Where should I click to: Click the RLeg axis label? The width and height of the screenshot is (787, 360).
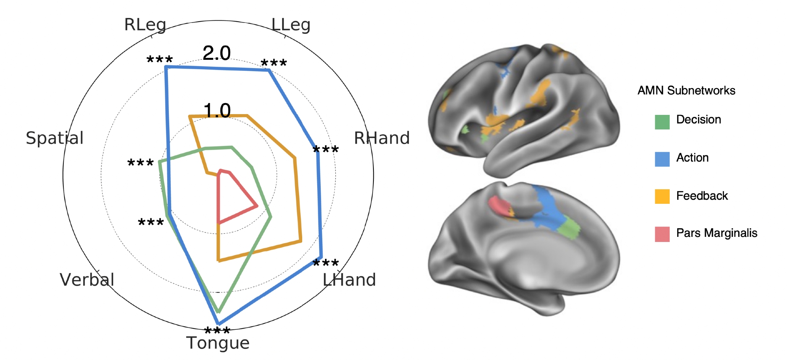(145, 25)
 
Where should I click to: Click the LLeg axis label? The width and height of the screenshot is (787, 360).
(291, 25)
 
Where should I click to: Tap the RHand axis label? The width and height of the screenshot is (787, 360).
(382, 138)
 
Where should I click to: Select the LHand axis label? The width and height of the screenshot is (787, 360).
(349, 280)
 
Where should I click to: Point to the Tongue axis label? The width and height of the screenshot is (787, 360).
(218, 343)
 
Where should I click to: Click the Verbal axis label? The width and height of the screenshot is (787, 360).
(87, 280)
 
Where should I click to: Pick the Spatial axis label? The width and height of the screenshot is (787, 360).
(55, 138)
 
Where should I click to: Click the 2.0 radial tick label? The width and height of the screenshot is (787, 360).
(216, 53)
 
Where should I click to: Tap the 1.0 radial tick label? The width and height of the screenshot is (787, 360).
(217, 111)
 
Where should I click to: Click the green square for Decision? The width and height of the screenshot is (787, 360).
(662, 122)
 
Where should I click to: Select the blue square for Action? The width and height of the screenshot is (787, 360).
(662, 159)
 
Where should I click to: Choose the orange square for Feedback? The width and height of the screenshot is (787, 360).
(662, 196)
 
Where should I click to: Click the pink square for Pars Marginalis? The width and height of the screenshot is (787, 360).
(662, 234)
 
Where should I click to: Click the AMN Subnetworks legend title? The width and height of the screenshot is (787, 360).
(686, 90)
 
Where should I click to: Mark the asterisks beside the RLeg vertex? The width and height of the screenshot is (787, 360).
(159, 60)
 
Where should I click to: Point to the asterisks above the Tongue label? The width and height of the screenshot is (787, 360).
(217, 331)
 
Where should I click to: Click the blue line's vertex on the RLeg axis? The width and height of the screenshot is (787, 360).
(166, 68)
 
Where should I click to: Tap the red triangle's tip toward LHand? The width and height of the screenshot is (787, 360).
(257, 205)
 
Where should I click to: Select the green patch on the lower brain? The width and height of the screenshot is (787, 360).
(569, 229)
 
